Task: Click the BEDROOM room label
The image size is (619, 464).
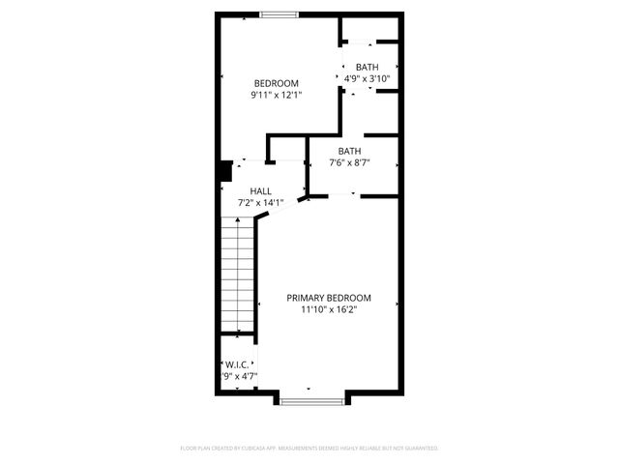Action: tap(276, 83)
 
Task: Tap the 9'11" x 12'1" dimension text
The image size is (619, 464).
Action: tap(276, 96)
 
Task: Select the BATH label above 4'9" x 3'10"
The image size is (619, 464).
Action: tap(367, 66)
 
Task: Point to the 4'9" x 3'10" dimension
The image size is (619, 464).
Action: tap(367, 78)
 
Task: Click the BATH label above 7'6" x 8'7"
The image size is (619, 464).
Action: tap(349, 151)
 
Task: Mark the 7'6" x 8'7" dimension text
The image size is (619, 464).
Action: tap(349, 163)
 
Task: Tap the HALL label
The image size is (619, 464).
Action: tap(260, 191)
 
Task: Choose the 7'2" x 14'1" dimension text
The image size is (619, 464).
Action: tap(260, 203)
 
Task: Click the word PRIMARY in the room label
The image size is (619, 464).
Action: tap(309, 298)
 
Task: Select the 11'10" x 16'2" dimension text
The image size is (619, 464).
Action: tap(329, 310)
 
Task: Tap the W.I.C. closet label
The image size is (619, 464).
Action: tap(236, 365)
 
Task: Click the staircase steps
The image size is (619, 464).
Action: tap(237, 275)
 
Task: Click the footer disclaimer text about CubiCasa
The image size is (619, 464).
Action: tap(309, 449)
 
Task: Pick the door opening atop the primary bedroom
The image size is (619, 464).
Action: tap(342, 195)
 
